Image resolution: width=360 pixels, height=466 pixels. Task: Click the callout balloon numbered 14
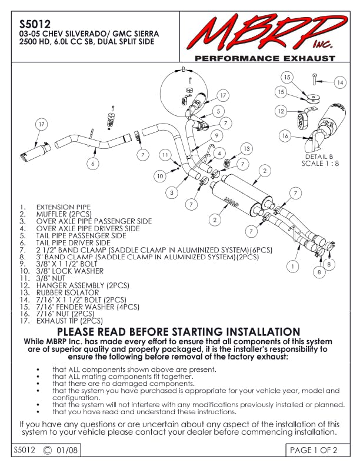[340, 84]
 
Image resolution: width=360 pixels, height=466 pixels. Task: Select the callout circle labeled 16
[285, 136]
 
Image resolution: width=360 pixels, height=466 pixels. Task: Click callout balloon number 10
[161, 175]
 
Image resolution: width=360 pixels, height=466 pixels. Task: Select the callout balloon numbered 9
[216, 135]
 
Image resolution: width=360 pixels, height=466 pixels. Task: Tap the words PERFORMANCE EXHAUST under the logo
[265, 59]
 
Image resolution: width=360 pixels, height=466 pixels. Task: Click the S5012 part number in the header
[30, 25]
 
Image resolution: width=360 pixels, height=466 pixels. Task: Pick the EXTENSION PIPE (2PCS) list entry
[64, 207]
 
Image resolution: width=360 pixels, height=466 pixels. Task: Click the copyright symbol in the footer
[48, 451]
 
